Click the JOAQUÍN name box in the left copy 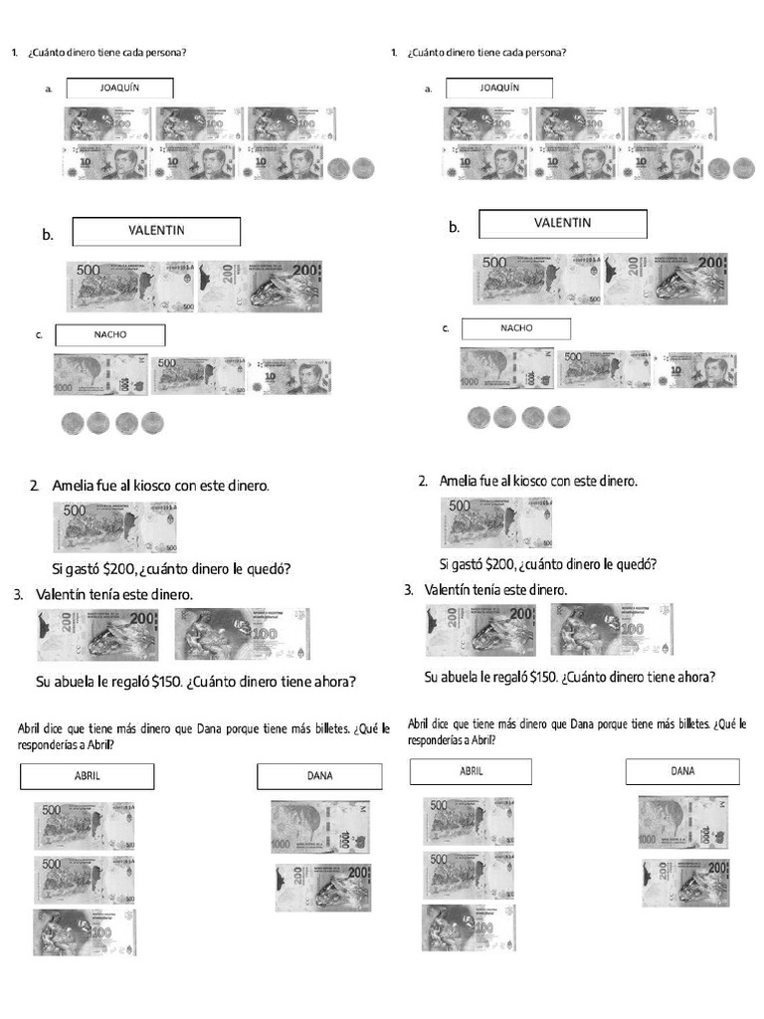[119, 88]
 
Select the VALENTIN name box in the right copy [562, 223]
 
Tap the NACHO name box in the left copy [109, 334]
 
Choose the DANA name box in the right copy [682, 771]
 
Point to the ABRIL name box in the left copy [87, 776]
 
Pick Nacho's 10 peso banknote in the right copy [700, 369]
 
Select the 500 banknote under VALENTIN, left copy [130, 286]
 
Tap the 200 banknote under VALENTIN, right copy [666, 279]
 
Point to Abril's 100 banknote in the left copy [85, 932]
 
